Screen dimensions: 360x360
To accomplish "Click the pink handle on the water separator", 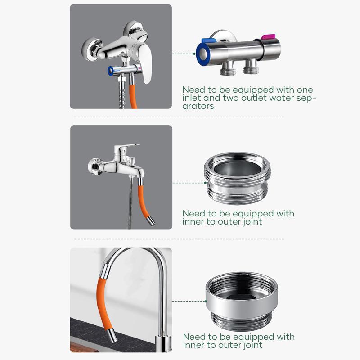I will pyautogui.click(x=269, y=37).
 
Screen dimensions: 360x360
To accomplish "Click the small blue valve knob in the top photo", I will pyautogui.click(x=111, y=71).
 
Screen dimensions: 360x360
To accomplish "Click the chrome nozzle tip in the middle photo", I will pyautogui.click(x=151, y=221).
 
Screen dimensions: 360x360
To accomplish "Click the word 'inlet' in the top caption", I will pyautogui.click(x=193, y=98).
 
